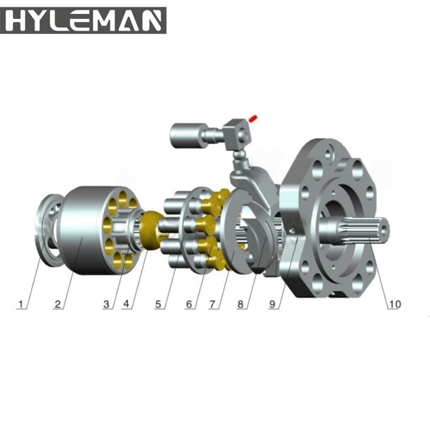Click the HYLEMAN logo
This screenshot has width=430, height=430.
(83, 21)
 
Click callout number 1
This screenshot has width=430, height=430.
(21, 304)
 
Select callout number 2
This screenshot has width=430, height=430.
(58, 304)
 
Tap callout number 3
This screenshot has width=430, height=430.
(107, 304)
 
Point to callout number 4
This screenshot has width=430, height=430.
(126, 303)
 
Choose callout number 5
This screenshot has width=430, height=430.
(158, 304)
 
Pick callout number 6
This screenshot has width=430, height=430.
(189, 304)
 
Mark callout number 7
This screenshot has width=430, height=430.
(213, 304)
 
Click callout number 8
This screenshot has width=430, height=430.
(240, 304)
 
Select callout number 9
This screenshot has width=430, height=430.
(272, 304)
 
